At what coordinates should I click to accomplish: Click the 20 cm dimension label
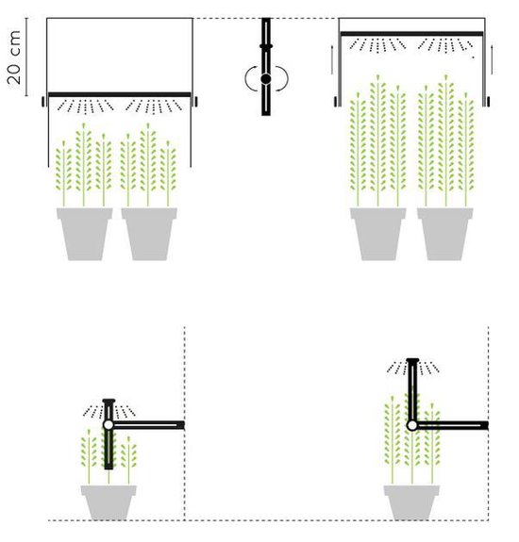[14, 57]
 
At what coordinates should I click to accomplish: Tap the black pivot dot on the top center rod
[266, 79]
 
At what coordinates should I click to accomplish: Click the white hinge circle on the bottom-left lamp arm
[109, 424]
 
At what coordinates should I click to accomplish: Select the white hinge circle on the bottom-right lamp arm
[411, 425]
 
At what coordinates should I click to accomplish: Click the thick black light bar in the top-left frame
[120, 94]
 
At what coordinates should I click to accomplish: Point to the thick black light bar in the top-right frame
[411, 34]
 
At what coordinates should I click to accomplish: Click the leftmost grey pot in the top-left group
[85, 234]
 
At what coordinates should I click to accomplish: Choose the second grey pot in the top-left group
[149, 234]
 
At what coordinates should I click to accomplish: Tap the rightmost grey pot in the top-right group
[445, 234]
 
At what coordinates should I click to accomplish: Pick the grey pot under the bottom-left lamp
[109, 502]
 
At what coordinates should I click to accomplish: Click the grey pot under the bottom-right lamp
[411, 502]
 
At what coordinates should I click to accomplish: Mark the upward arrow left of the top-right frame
[332, 59]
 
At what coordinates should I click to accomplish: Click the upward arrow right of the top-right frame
[492, 59]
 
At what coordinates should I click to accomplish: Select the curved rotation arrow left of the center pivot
[246, 79]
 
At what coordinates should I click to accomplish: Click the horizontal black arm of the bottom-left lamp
[149, 425]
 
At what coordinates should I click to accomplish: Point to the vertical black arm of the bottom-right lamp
[412, 389]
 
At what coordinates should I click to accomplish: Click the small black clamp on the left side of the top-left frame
[43, 102]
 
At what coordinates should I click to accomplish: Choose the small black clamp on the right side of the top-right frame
[488, 102]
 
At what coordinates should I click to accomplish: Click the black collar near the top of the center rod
[266, 46]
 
